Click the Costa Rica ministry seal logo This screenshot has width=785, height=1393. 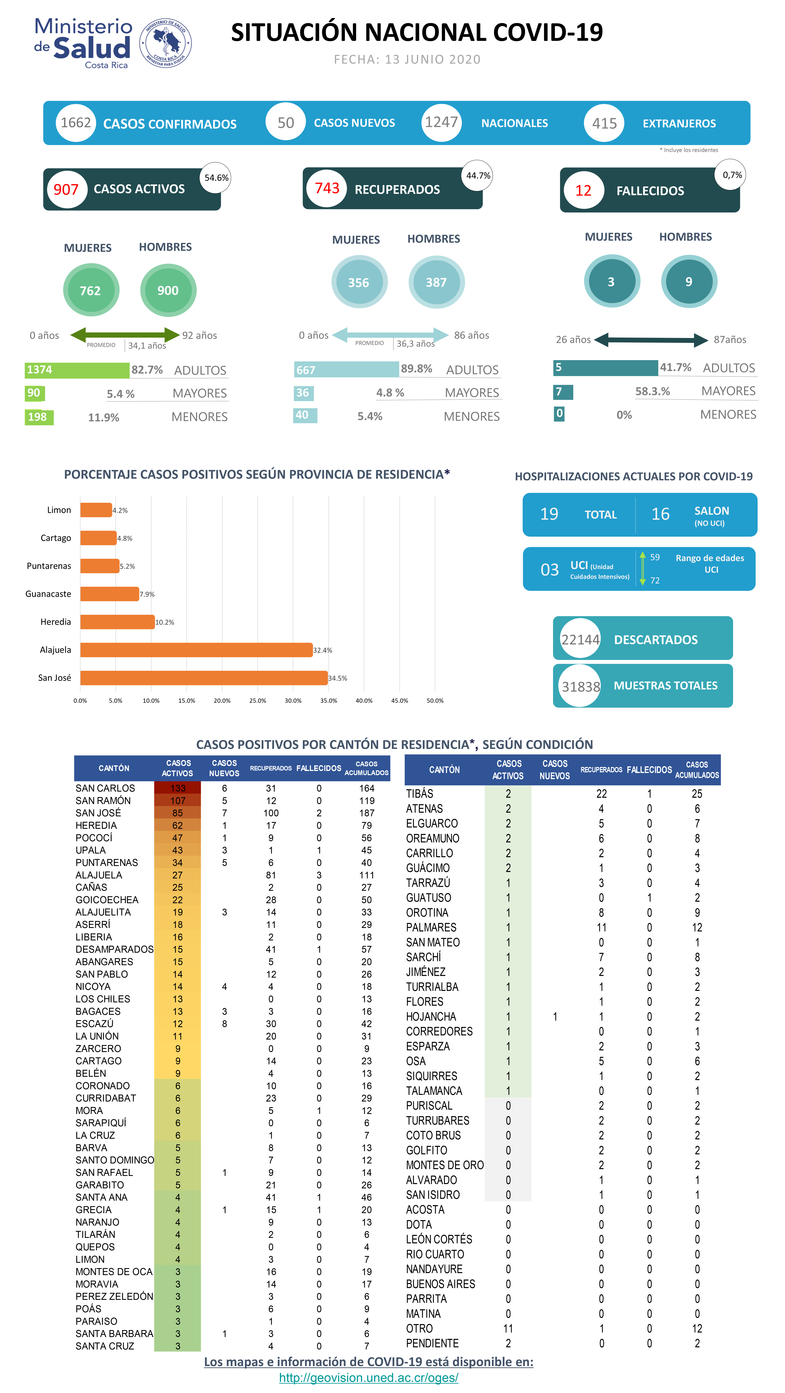point(165,43)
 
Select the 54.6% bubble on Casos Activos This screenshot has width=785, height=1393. point(216,177)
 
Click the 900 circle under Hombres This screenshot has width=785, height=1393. point(168,290)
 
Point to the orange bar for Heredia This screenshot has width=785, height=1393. point(117,622)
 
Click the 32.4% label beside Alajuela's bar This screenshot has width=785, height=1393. point(322,650)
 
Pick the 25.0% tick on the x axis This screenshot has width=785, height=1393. point(258,700)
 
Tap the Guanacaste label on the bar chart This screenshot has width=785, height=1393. point(48,594)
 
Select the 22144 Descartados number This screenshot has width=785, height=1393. point(580,640)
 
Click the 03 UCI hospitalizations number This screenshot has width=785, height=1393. point(549,569)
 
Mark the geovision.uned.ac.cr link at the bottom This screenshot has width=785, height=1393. point(368,1377)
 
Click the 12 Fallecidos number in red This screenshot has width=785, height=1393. point(583,190)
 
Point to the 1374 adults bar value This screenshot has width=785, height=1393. point(40,370)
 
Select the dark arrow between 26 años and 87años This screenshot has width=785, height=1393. point(651,340)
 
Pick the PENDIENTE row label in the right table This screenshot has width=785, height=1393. point(432,1343)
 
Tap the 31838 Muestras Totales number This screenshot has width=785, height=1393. point(580,686)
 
